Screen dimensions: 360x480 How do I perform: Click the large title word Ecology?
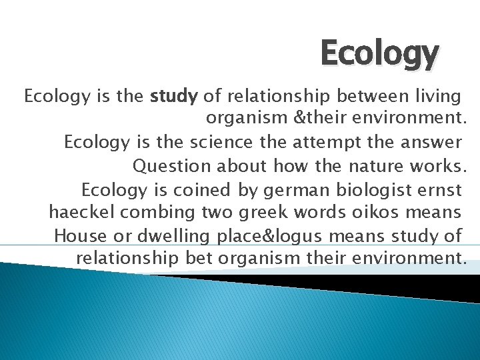pos(379,53)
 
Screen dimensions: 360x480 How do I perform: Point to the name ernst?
pos(437,190)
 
